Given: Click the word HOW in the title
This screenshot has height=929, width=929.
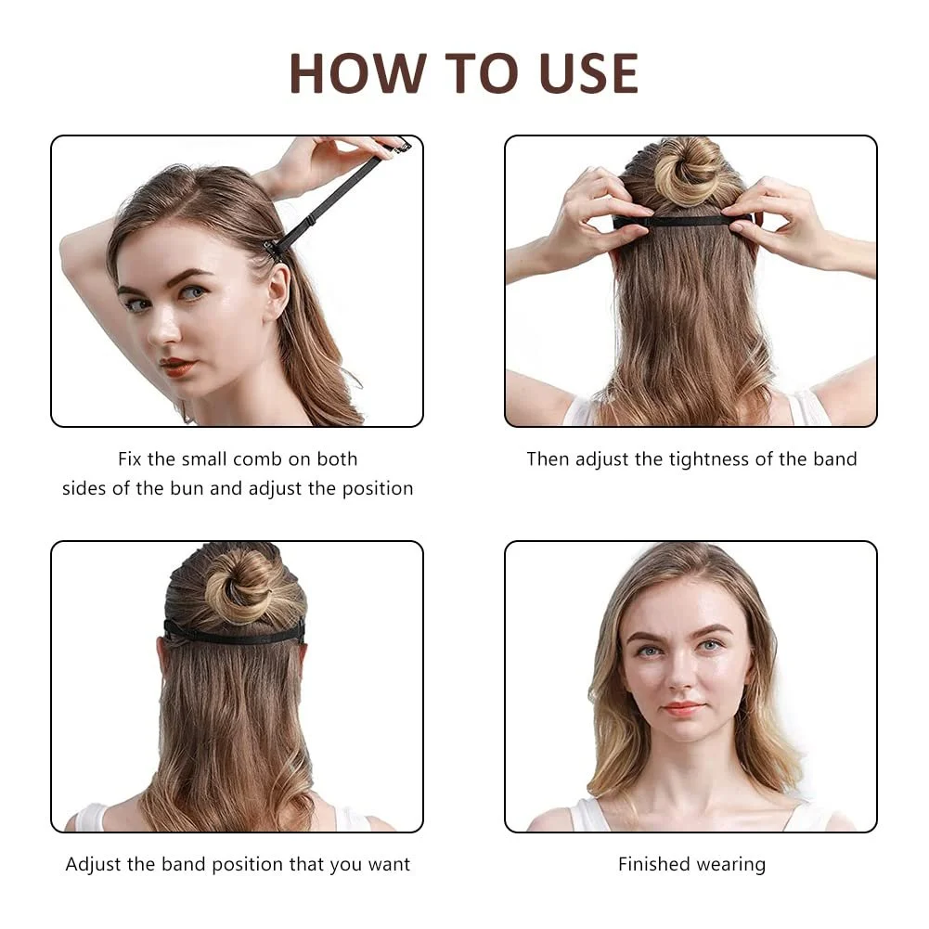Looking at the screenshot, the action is (x=358, y=73).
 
